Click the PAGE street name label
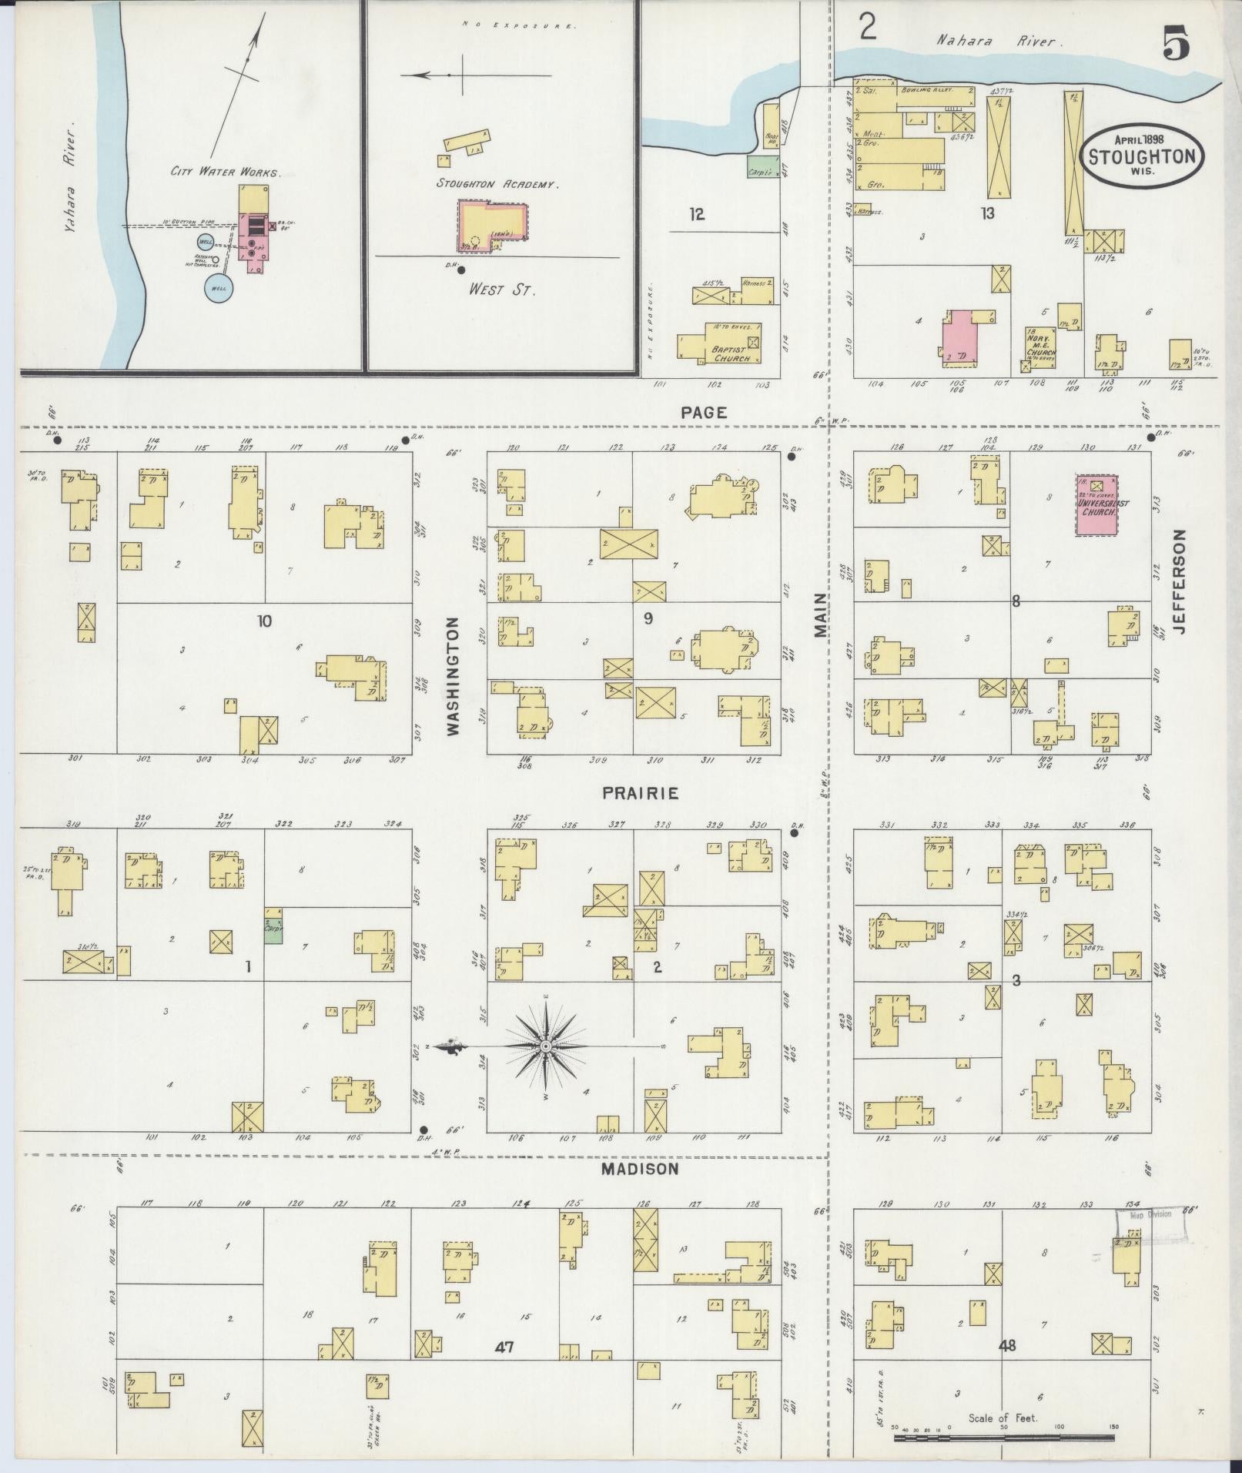[x=704, y=413]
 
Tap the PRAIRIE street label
[x=641, y=793]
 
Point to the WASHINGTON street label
[x=453, y=676]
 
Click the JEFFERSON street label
[x=1180, y=581]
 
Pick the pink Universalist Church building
[x=1097, y=504]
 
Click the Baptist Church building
[x=720, y=343]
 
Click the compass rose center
[x=545, y=1046]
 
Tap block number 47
[x=504, y=1347]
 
